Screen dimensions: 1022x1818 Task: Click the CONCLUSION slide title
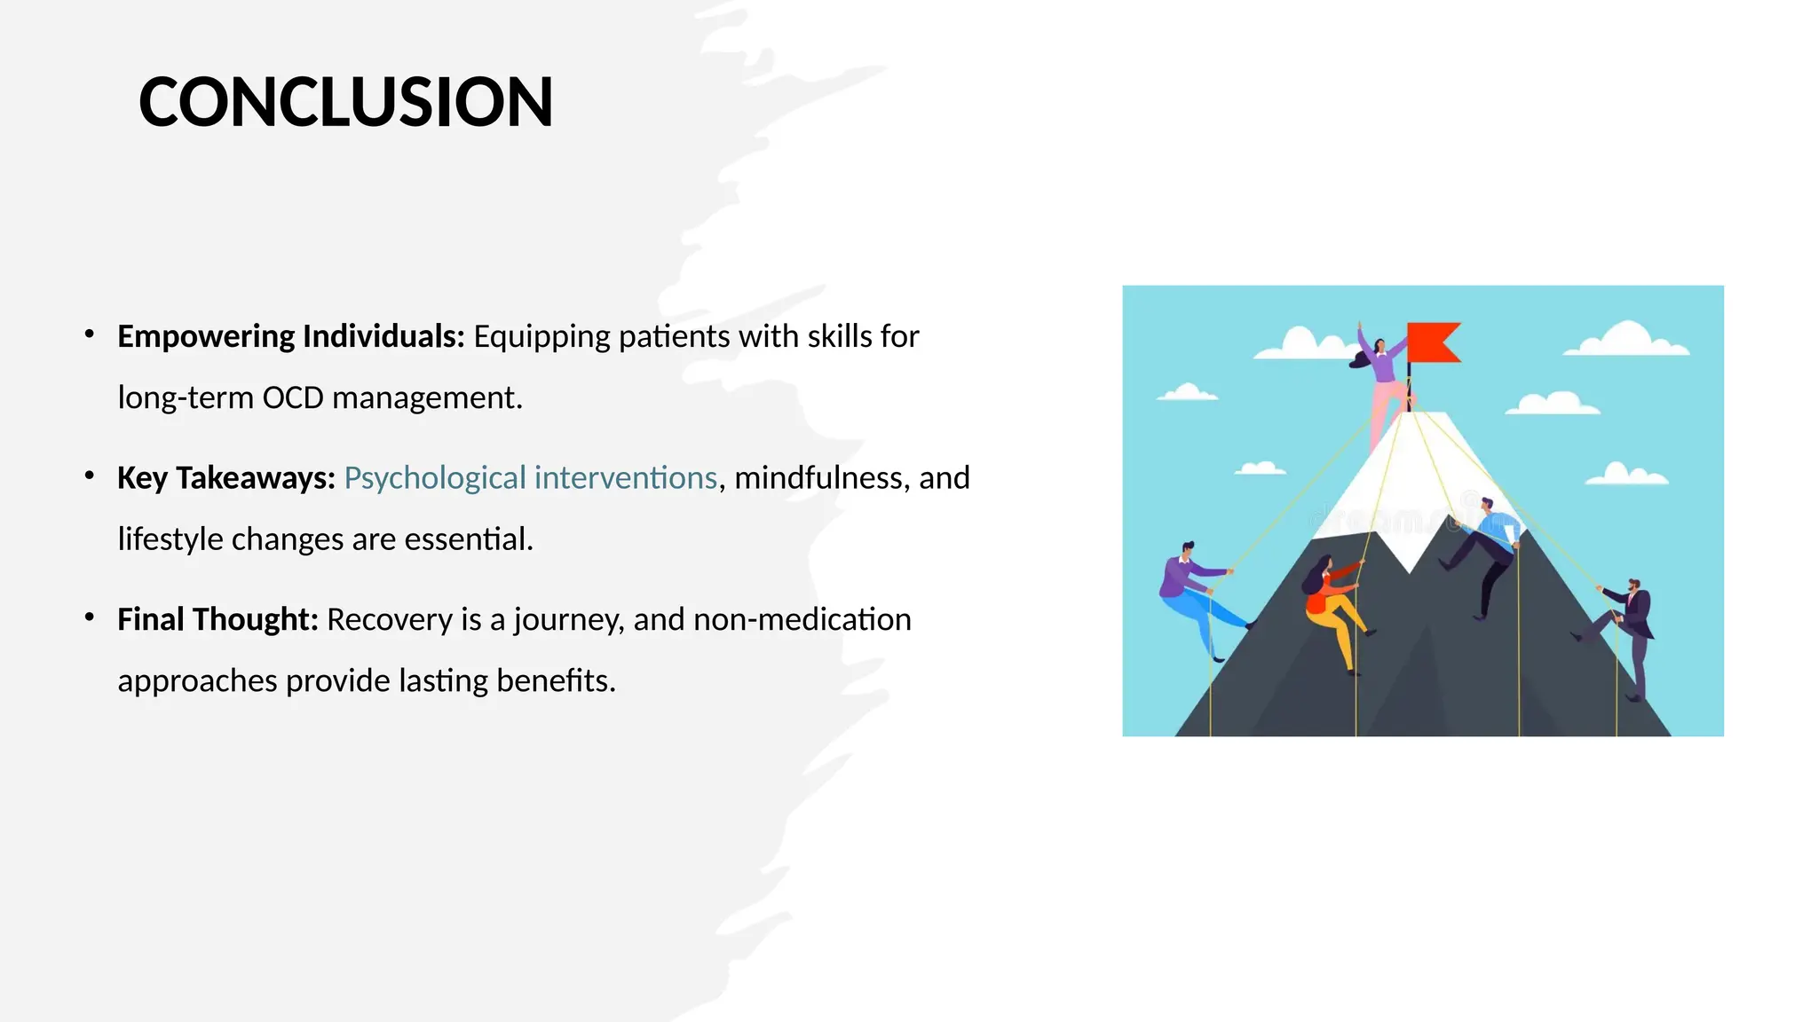coord(345,102)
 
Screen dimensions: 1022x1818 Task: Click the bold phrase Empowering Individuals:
coord(290,336)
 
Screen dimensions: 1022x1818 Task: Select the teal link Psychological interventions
coord(530,477)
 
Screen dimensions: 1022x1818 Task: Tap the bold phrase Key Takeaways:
coord(225,477)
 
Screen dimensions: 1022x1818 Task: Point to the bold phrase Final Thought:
coord(217,619)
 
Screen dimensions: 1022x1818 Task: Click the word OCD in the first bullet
coord(292,397)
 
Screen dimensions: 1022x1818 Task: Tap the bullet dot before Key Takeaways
coord(90,476)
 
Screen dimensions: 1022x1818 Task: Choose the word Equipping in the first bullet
coord(541,336)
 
